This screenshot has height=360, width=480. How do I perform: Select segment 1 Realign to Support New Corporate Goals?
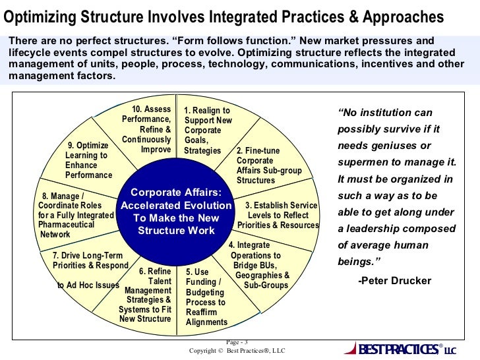(208, 131)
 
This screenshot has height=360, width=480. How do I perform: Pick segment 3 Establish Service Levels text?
(278, 216)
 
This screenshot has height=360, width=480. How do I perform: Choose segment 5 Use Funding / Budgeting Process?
(206, 297)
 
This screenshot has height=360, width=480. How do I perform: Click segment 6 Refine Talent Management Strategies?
(148, 295)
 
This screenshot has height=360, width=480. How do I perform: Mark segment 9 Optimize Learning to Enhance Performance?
(89, 160)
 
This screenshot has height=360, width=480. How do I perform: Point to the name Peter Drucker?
(394, 281)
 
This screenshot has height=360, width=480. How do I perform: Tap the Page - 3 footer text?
(237, 342)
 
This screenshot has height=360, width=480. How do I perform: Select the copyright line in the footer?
(237, 351)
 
